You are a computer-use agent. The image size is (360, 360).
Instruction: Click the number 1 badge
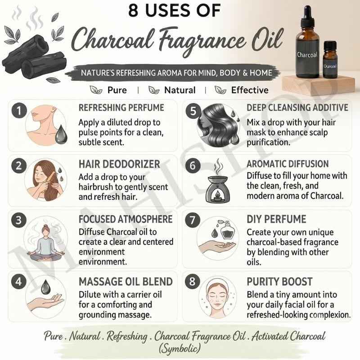pyautogui.click(x=19, y=111)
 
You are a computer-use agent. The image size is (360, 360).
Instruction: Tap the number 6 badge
pyautogui.click(x=193, y=166)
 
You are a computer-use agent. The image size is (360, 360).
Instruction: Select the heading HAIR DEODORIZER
pyautogui.click(x=119, y=164)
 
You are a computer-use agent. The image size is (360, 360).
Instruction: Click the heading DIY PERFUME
pyautogui.click(x=276, y=219)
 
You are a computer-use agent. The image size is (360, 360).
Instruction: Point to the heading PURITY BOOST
pyautogui.click(x=279, y=282)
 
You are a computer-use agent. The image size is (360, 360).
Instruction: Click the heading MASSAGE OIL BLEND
pyautogui.click(x=126, y=282)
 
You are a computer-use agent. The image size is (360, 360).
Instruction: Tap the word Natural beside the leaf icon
pyautogui.click(x=180, y=90)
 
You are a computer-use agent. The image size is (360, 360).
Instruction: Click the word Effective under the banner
pyautogui.click(x=250, y=90)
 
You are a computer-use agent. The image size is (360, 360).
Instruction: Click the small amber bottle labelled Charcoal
pyautogui.click(x=330, y=60)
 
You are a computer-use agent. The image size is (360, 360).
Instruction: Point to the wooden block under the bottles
pyautogui.click(x=319, y=85)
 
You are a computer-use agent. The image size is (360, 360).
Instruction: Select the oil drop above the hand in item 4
pyautogui.click(x=46, y=287)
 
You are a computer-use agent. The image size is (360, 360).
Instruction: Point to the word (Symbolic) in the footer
pyautogui.click(x=180, y=348)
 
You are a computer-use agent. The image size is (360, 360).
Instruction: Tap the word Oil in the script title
pyautogui.click(x=267, y=40)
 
